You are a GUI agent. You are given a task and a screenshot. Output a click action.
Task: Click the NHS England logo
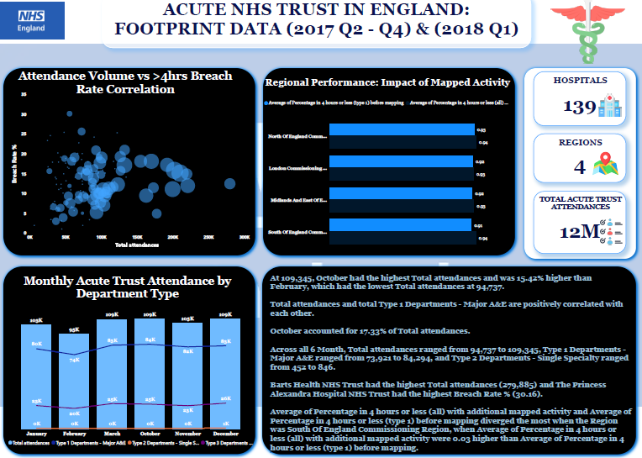[34, 20]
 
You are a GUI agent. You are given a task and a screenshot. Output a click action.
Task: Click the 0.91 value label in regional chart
[480, 226]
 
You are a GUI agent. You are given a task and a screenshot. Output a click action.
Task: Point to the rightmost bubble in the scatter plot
[229, 183]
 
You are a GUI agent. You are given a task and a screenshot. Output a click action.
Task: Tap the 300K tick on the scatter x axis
[245, 238]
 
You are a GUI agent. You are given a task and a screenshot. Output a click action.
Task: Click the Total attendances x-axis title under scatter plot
[132, 245]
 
